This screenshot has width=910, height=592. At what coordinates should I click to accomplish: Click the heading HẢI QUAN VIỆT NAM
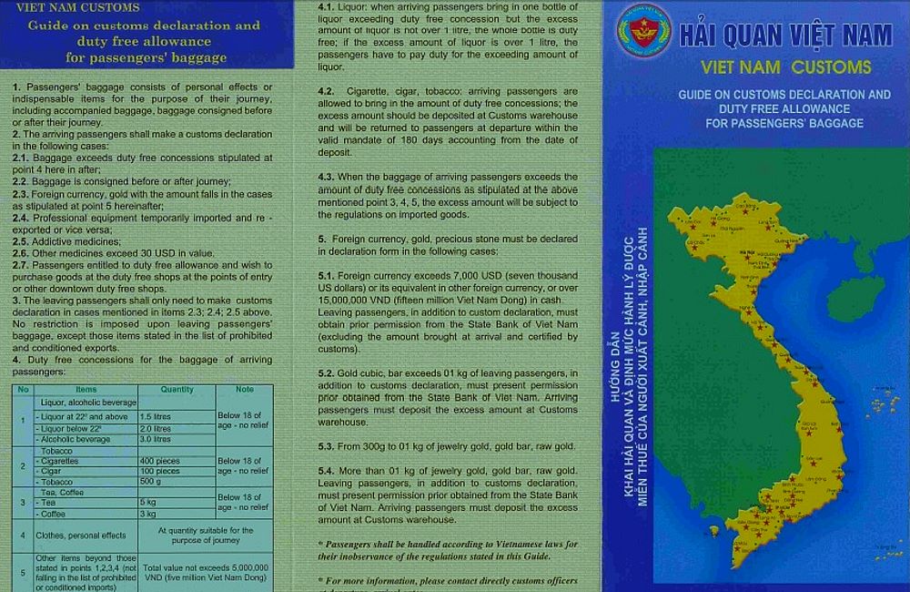point(786,36)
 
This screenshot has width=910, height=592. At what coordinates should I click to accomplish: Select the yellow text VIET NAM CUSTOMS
point(786,66)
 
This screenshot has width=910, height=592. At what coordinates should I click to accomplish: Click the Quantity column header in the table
point(177,390)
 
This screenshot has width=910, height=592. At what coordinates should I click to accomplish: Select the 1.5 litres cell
point(156,416)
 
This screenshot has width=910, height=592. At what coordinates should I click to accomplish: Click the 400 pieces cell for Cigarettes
point(159,461)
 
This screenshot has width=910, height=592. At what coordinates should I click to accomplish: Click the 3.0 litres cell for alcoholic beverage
point(156,439)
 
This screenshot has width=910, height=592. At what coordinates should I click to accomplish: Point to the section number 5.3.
point(328,446)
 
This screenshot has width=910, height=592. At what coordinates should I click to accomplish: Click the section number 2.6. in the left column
point(21,253)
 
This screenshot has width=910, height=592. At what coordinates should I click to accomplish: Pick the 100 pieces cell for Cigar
point(159,471)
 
